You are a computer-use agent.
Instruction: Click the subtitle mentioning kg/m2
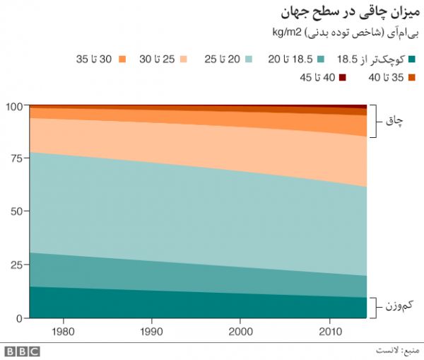click(346, 33)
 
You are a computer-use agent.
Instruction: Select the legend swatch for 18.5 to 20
click(321, 59)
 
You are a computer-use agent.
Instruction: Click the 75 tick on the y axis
click(17, 159)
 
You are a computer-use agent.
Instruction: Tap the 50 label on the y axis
click(17, 212)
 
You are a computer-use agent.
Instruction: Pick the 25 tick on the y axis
click(17, 265)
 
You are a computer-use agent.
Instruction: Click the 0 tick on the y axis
click(20, 318)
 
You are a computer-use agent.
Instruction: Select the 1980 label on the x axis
click(64, 331)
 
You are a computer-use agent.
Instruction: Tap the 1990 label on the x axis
click(152, 331)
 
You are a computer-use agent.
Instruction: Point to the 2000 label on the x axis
click(241, 331)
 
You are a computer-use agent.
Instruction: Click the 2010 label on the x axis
click(329, 331)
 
